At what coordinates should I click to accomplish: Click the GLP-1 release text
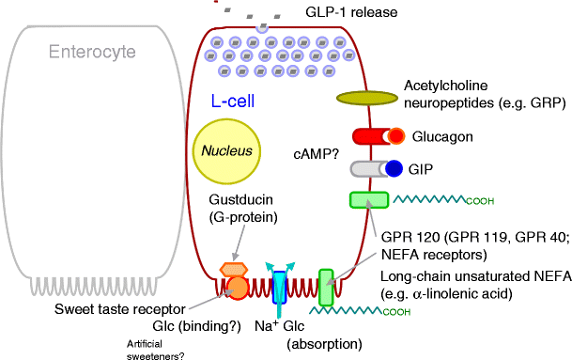point(350,13)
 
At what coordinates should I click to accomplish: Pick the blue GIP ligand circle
point(394,168)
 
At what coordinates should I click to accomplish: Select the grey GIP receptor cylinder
point(366,168)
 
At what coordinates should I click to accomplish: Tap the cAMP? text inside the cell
point(317,152)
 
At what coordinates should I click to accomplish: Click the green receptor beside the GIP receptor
point(368,199)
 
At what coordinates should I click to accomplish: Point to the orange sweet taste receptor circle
point(237,287)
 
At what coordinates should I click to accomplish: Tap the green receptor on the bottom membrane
point(325,288)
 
